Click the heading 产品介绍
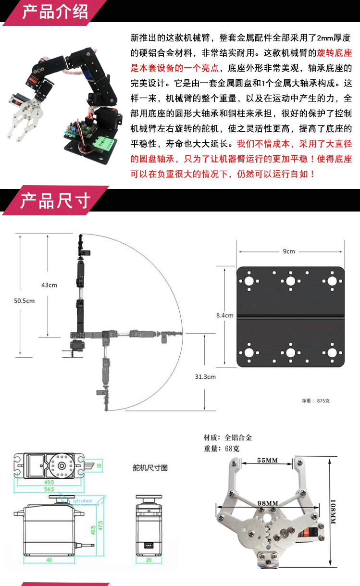[55, 12]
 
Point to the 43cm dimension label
[49, 285]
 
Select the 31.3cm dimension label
[205, 376]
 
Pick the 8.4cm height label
[225, 315]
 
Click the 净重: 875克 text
[316, 400]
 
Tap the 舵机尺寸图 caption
[150, 467]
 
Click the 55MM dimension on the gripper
[267, 460]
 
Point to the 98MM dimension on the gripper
[268, 503]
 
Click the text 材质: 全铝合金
[228, 437]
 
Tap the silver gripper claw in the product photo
[29, 120]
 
